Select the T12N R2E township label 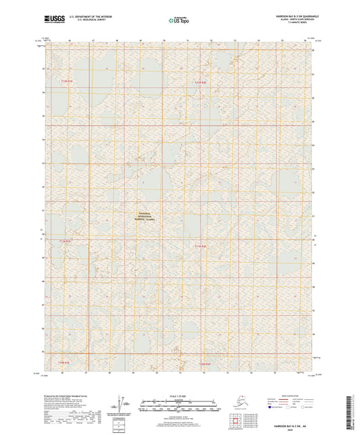(x=201, y=82)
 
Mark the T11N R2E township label (x=201, y=246)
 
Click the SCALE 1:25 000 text (x=179, y=396)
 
